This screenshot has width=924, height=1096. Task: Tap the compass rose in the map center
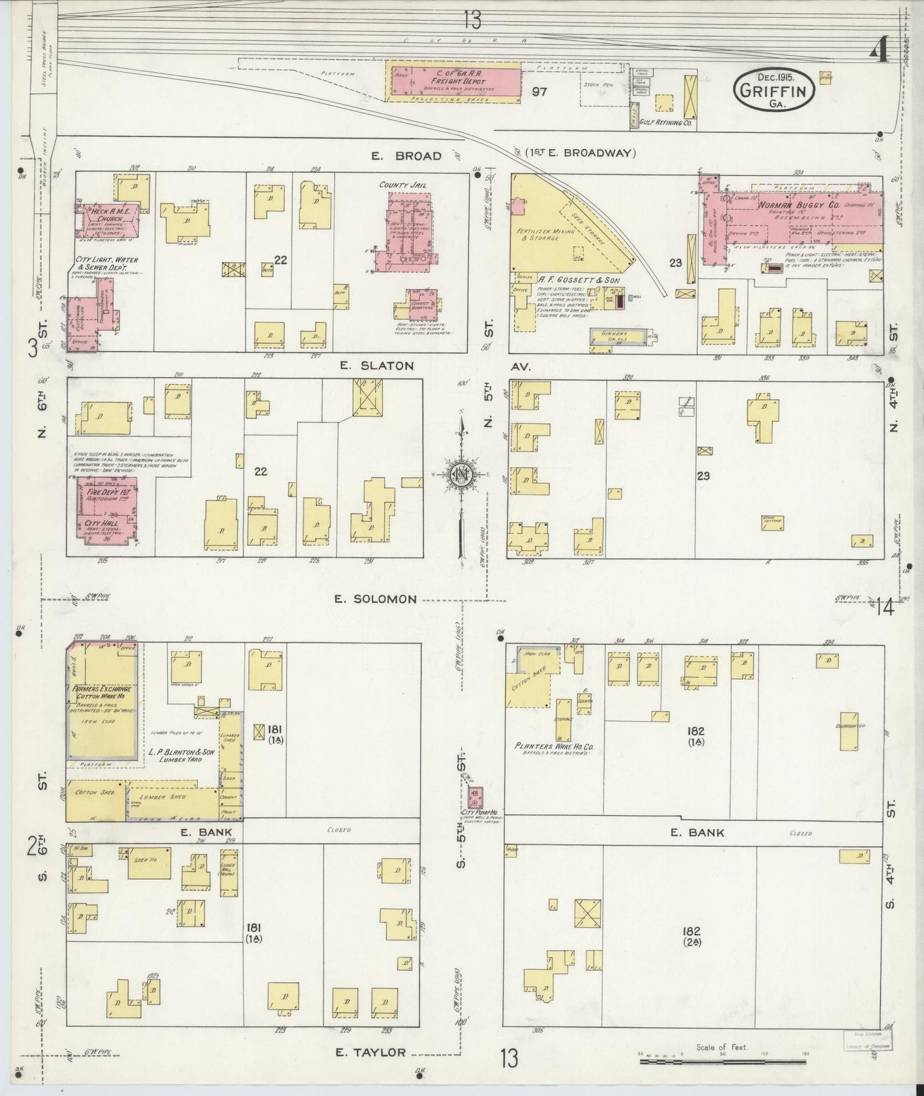click(460, 474)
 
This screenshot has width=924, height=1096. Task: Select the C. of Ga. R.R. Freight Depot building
click(455, 81)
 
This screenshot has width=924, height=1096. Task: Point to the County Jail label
click(402, 185)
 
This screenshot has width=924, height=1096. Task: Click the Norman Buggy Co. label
click(790, 206)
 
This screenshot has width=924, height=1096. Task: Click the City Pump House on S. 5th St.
click(475, 797)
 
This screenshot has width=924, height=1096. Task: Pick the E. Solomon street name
click(376, 599)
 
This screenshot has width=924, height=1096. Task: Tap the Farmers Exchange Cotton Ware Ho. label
click(102, 694)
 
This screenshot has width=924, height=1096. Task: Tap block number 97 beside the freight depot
click(539, 91)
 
